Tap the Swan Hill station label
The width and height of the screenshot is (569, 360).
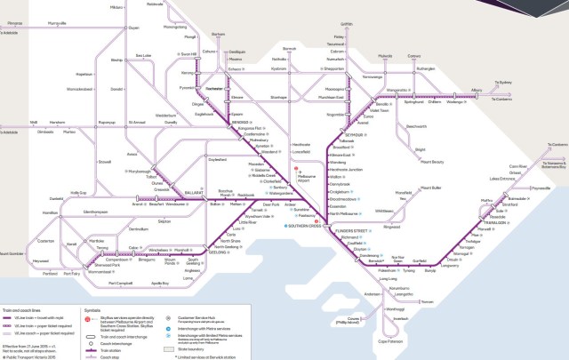[188, 54]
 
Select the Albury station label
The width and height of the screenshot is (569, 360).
[476, 90]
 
